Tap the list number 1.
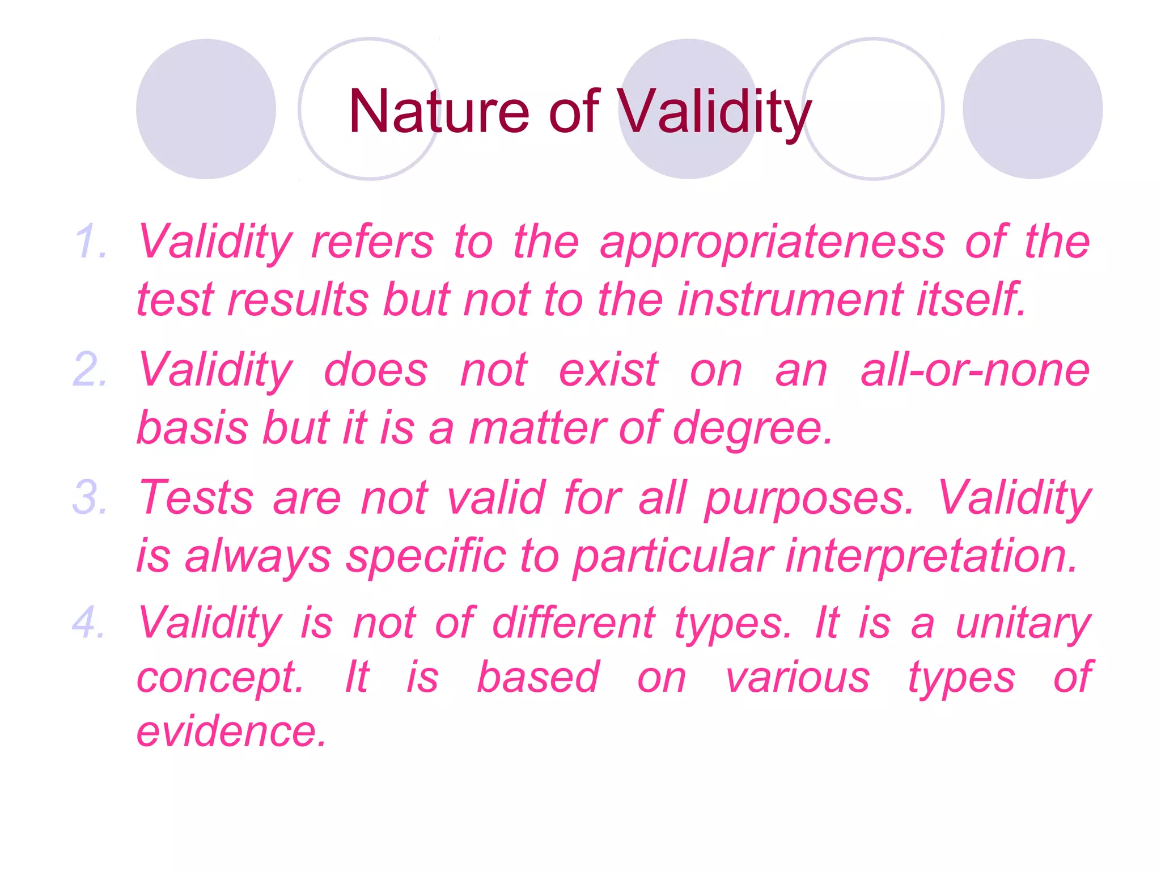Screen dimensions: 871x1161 point(91,242)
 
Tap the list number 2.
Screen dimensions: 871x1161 point(90,370)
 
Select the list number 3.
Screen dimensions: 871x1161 point(90,498)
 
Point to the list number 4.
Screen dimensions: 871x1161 point(90,623)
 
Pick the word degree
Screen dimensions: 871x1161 point(753,428)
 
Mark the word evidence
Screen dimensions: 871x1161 point(231,731)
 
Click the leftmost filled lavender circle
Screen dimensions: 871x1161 point(206,109)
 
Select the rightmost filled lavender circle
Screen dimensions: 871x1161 point(1032,109)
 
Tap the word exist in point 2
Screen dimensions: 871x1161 point(608,370)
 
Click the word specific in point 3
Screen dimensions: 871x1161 point(426,556)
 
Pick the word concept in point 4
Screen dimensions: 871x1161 point(220,677)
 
